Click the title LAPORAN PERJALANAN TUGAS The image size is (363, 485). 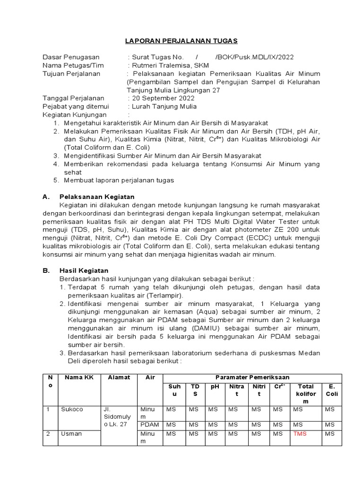(181, 41)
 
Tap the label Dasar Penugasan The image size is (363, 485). (71, 57)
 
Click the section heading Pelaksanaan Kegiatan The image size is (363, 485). (97, 197)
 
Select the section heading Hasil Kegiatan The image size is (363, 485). (84, 270)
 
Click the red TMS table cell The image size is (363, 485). (300, 433)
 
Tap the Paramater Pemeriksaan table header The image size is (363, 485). (252, 377)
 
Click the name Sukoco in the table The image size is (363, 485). (72, 409)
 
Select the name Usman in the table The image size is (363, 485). (71, 433)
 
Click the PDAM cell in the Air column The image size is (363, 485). (149, 425)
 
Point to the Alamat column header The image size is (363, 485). (119, 377)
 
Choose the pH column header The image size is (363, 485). (215, 386)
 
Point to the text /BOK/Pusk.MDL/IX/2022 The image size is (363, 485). (254, 57)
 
